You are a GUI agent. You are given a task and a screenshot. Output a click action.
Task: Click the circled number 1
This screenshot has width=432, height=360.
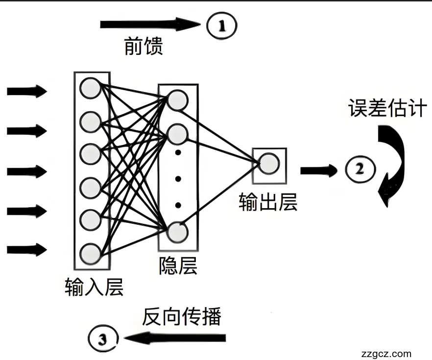[221, 24]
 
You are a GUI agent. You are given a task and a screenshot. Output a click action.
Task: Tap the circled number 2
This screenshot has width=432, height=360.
[360, 169]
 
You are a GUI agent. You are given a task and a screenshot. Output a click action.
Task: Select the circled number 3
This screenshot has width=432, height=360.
[103, 338]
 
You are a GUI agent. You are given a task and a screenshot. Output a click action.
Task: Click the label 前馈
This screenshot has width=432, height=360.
[143, 47]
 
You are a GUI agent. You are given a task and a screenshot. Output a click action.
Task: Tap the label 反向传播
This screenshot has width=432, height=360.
[182, 317]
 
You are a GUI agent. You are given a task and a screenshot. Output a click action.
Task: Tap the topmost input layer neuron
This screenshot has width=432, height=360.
[91, 88]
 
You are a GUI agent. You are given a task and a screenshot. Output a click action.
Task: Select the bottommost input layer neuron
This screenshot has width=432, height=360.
[91, 253]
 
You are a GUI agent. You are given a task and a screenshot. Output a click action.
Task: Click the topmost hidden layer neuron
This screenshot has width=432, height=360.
[177, 100]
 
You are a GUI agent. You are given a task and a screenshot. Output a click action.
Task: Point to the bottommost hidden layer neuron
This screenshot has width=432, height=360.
[177, 232]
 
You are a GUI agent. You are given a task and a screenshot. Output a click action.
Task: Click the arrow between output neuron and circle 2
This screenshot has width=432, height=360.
[318, 170]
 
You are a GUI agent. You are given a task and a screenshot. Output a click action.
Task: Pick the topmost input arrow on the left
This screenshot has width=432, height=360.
[26, 91]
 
